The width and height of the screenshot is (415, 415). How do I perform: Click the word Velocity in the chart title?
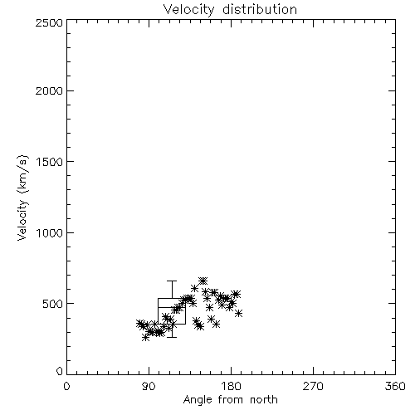click(188, 10)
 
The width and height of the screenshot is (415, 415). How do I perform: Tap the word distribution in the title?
click(260, 9)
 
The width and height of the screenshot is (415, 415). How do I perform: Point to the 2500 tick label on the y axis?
click(49, 22)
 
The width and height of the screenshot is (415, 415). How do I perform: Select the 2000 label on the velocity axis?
click(49, 90)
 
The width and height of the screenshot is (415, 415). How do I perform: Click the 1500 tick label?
click(50, 162)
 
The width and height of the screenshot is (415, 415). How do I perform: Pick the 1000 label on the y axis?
click(50, 232)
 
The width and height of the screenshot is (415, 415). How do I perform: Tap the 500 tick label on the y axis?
click(53, 304)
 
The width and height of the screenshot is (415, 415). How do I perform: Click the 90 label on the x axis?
click(149, 386)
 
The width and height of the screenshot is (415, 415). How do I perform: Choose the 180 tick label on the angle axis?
click(231, 386)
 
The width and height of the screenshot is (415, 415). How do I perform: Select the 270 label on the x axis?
click(313, 386)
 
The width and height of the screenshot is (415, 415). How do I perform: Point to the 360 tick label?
click(395, 386)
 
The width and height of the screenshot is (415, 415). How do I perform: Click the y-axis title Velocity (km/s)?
click(22, 198)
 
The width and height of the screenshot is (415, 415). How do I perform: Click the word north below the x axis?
click(264, 399)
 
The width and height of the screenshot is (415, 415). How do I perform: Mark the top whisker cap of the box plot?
click(172, 281)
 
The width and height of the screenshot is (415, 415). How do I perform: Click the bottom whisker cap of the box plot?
click(172, 337)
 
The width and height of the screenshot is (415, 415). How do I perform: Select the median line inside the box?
click(172, 307)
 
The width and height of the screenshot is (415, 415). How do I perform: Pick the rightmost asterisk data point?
click(239, 314)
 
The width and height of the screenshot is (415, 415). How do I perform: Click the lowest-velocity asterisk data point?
click(145, 337)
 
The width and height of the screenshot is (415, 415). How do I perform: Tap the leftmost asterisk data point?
click(139, 323)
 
